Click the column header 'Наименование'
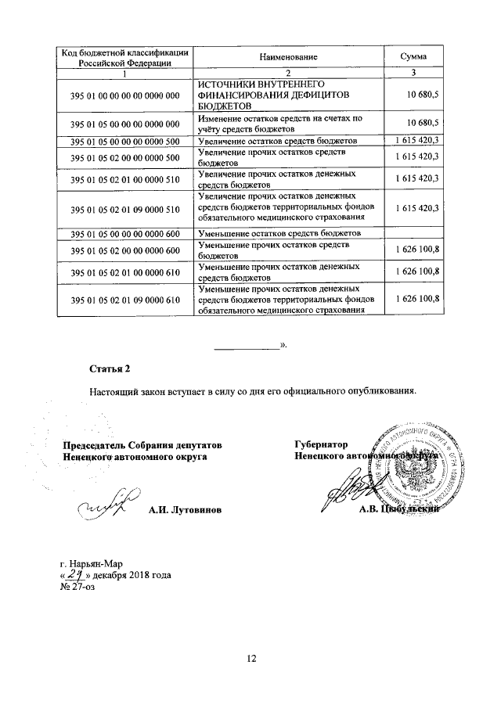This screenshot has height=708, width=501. pos(290,57)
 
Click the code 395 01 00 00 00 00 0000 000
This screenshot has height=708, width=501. pos(125,95)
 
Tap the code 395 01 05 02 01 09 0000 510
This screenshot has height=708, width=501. pos(125,209)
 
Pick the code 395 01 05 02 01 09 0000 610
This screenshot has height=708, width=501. pos(125,300)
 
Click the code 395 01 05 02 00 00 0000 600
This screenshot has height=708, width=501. pos(125,250)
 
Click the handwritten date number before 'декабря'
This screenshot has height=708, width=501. pos(78,576)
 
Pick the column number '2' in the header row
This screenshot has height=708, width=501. pos(290,74)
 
